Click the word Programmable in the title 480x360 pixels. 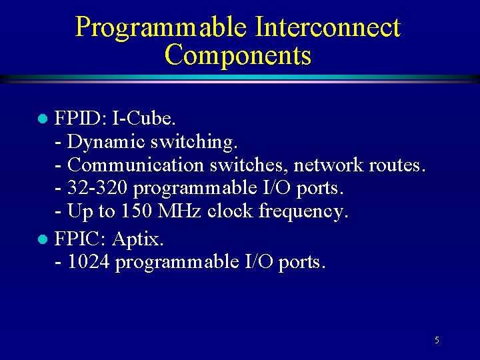161,27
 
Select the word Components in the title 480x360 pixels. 238,55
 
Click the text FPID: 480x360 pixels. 81,119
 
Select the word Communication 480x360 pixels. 130,165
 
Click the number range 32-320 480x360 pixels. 98,188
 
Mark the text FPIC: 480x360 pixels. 81,238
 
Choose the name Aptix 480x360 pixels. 137,239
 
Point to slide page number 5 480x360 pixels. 437,341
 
